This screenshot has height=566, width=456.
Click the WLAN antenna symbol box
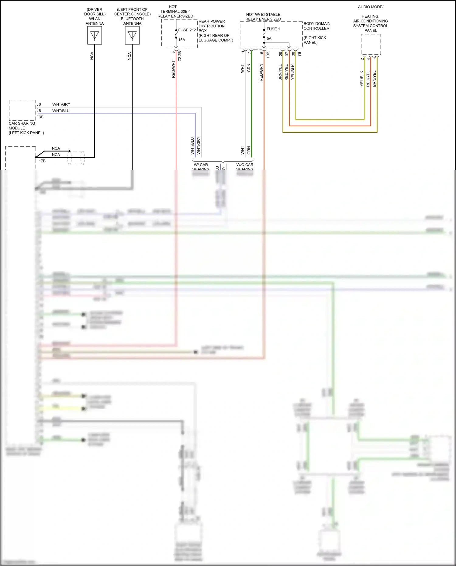[x=95, y=36]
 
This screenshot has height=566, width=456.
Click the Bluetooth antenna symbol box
[x=132, y=36]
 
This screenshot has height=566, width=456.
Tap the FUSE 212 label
[x=187, y=30]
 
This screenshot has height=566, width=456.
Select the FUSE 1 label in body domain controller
[x=273, y=29]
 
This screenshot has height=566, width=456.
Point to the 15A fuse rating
[x=182, y=40]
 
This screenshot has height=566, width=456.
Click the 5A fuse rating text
[x=269, y=39]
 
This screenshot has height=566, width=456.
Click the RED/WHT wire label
[x=174, y=69]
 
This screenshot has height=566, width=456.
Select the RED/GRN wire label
[x=261, y=72]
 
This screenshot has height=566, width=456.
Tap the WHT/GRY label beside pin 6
[x=61, y=104]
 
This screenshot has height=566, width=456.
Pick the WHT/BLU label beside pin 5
[x=61, y=111]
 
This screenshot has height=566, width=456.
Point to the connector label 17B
[x=42, y=161]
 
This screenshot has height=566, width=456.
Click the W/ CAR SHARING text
[x=201, y=167]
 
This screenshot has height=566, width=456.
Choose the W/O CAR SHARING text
[x=245, y=167]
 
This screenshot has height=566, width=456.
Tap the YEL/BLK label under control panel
[x=362, y=78]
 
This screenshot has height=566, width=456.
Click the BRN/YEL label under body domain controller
[x=280, y=72]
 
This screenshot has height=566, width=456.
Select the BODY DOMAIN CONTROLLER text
[x=317, y=26]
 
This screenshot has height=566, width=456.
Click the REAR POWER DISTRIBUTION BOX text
[x=212, y=26]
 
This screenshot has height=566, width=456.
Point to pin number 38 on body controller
[x=293, y=54]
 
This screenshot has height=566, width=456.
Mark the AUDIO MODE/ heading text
[x=371, y=7]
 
